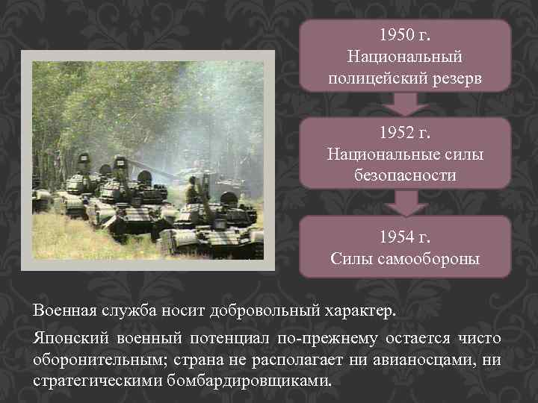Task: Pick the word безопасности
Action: point(405,175)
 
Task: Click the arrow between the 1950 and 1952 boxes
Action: point(405,104)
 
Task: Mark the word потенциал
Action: point(229,340)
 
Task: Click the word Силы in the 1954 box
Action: point(351,259)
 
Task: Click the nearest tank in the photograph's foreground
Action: point(198,235)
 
